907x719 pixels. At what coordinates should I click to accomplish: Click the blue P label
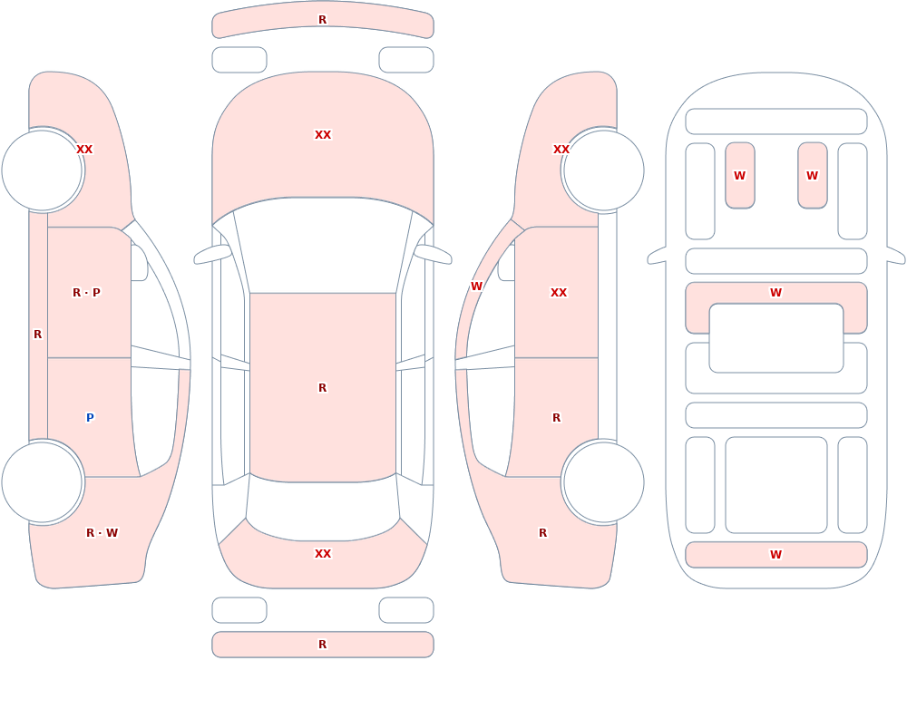tap(90, 417)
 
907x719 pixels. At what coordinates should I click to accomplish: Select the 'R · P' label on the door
tap(86, 292)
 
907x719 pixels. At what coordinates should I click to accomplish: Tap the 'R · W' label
tap(102, 532)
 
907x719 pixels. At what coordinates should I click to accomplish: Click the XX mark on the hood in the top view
tap(323, 134)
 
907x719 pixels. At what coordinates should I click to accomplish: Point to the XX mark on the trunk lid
tap(323, 553)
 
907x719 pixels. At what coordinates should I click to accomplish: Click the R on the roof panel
tap(323, 387)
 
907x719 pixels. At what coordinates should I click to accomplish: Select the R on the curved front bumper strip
tap(323, 19)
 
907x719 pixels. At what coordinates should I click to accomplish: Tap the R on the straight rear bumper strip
tap(323, 644)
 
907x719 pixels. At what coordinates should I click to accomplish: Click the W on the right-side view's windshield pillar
tap(476, 286)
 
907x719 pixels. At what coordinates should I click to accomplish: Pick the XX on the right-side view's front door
tap(558, 292)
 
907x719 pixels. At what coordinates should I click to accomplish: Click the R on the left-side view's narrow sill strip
tap(37, 334)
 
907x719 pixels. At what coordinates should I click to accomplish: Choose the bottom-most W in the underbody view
tap(775, 554)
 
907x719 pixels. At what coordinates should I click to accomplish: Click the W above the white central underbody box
tap(775, 292)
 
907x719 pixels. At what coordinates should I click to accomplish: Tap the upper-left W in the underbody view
tap(739, 175)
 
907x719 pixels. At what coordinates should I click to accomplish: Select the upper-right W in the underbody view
tap(812, 175)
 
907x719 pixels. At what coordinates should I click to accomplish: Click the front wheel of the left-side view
tap(43, 170)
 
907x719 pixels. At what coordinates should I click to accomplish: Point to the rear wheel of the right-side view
tap(603, 481)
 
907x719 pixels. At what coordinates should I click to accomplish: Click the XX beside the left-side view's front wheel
tap(84, 149)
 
